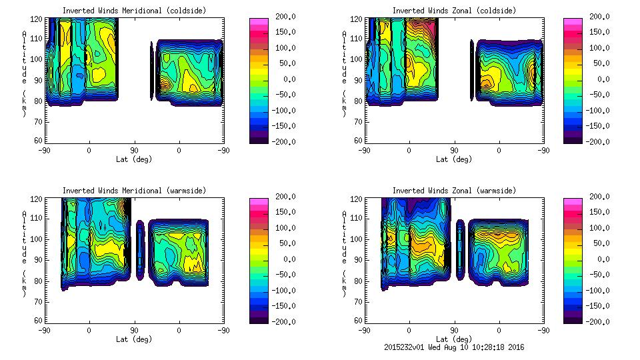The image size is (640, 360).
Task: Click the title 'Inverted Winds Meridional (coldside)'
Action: coord(134,11)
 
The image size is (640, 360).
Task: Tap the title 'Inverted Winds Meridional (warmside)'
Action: coord(134,191)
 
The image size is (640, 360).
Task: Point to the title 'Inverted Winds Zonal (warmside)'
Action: coord(453,191)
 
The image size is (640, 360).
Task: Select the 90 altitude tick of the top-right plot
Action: coord(359,79)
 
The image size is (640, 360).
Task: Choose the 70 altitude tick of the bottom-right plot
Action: coord(359,301)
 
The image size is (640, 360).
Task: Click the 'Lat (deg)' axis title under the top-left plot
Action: coord(134,159)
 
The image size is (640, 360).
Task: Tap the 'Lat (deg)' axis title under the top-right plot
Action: coord(453,159)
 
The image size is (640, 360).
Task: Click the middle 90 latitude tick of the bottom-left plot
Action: coord(134,330)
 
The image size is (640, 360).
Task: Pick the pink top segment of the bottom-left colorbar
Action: coord(259,201)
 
